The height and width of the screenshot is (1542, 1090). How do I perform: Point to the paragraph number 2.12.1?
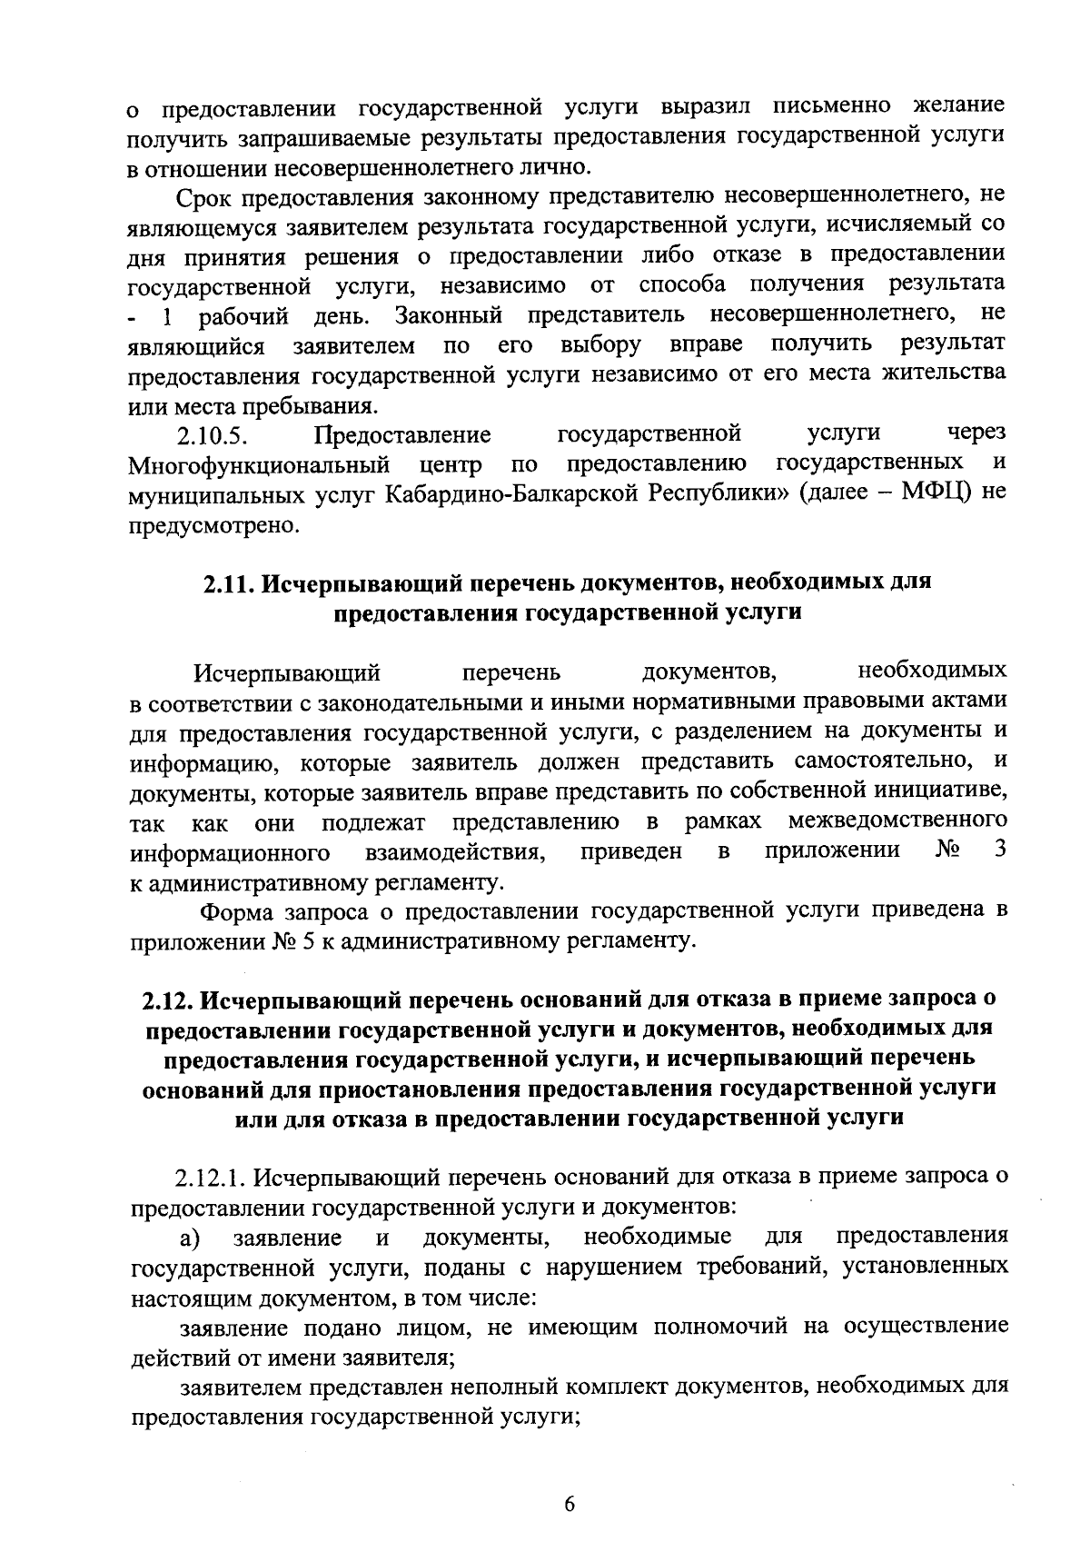(x=211, y=1179)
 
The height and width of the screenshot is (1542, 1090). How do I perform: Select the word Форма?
(x=236, y=910)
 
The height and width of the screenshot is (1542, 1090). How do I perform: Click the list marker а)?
(x=189, y=1238)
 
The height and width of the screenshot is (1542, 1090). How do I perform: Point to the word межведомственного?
(x=897, y=821)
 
